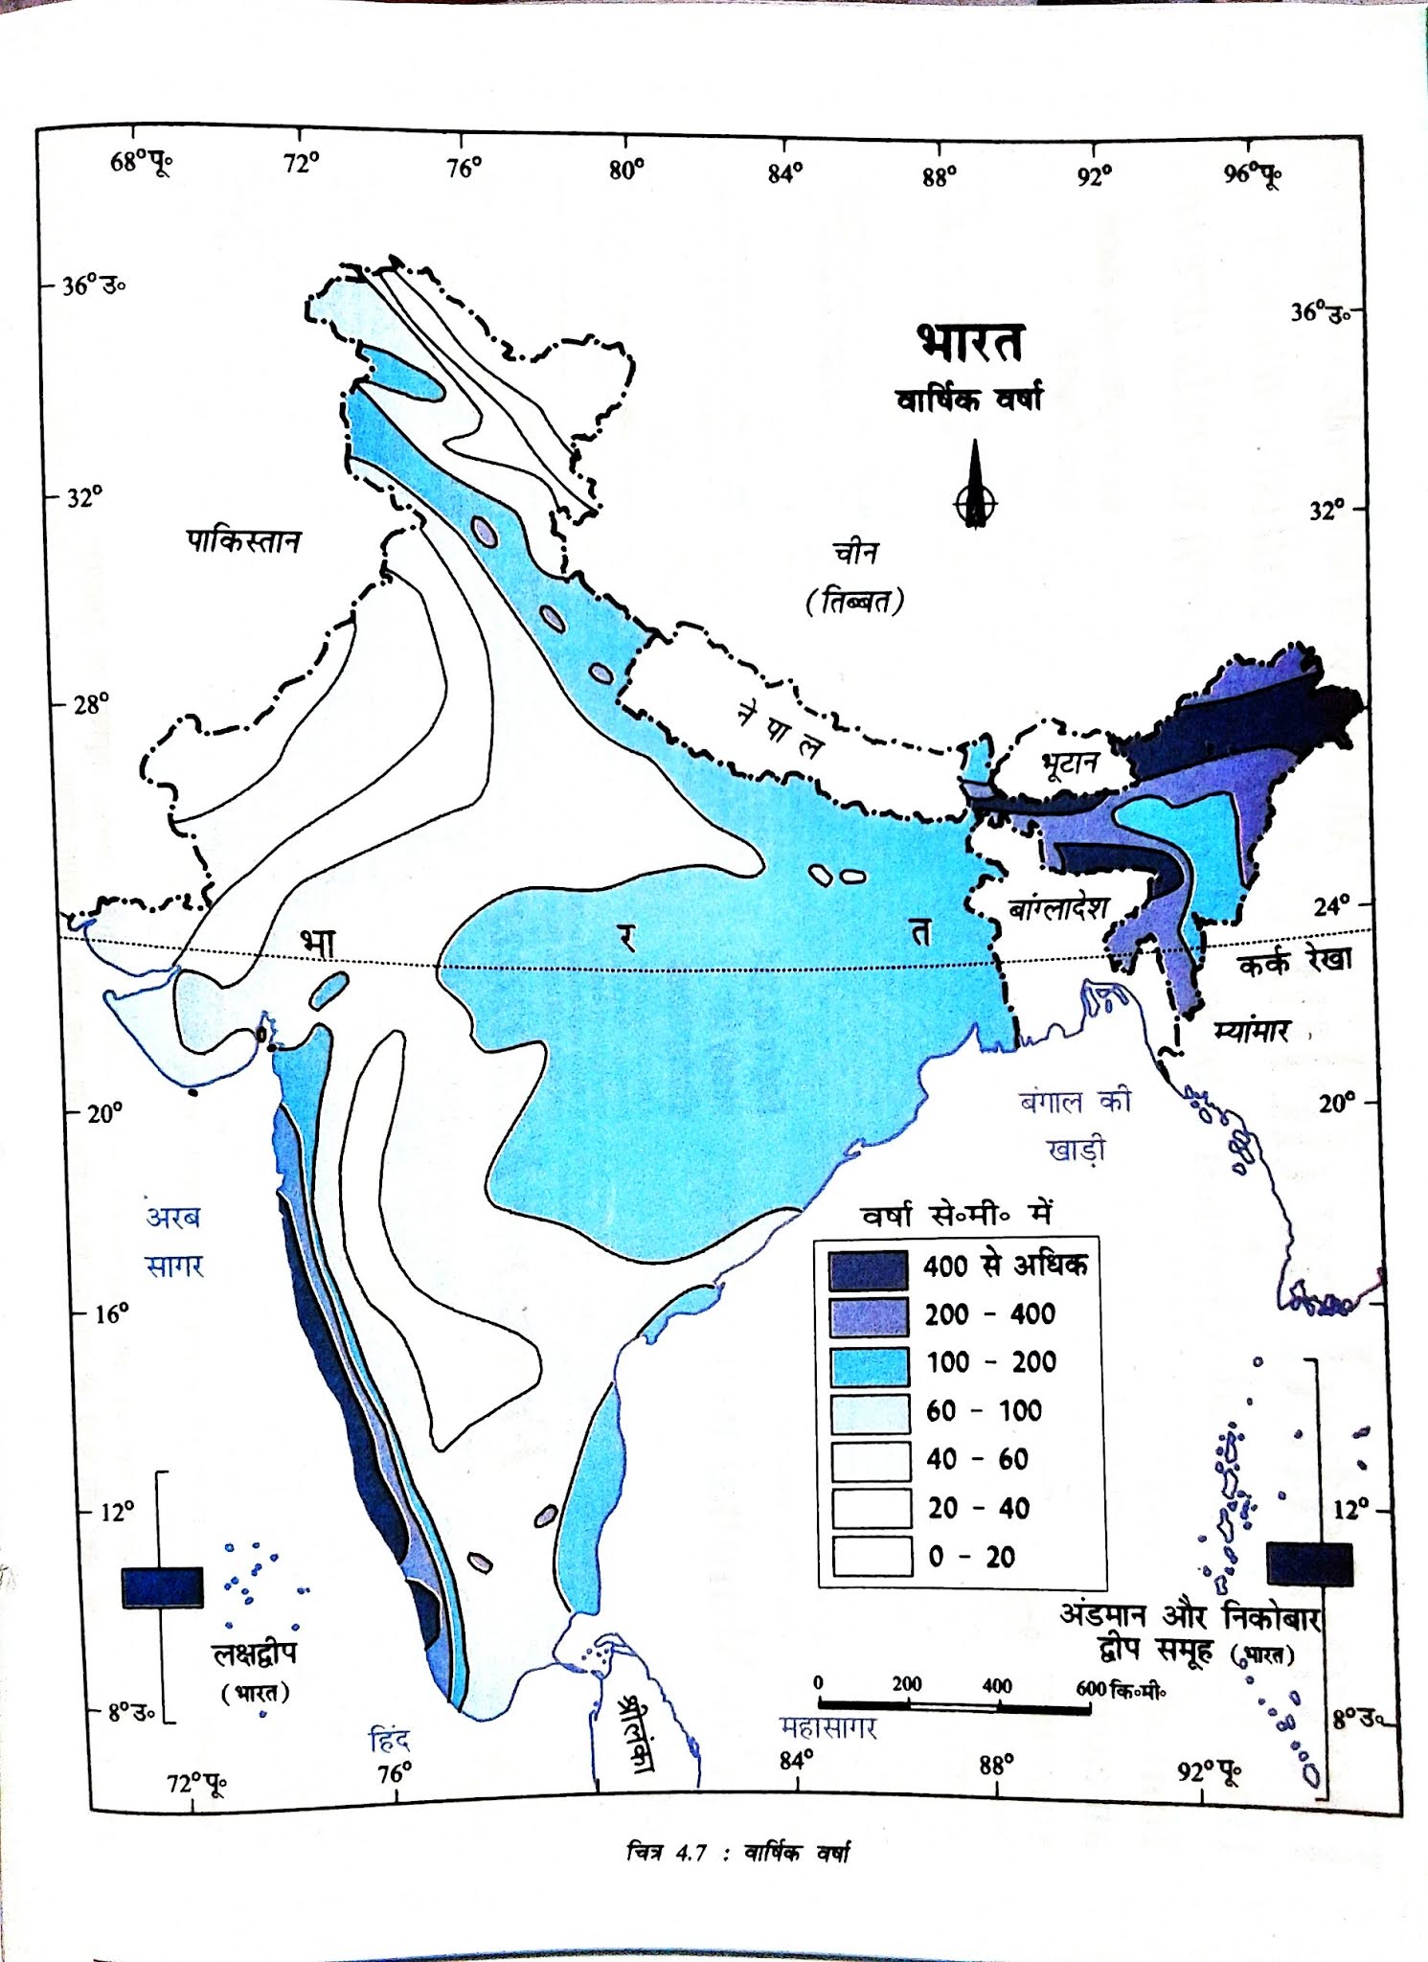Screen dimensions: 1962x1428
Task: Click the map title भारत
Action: (x=970, y=344)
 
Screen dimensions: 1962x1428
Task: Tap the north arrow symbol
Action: (x=975, y=489)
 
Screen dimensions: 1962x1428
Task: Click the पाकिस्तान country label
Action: (x=242, y=542)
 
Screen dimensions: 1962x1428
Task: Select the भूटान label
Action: (x=1069, y=764)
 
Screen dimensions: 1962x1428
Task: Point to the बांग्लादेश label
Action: (x=1059, y=907)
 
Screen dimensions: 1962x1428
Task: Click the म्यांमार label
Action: (x=1251, y=1032)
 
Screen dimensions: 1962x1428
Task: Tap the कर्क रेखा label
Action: (x=1295, y=961)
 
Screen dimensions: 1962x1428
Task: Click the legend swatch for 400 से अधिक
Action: (x=869, y=1270)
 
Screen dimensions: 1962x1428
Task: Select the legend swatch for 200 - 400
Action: (x=869, y=1317)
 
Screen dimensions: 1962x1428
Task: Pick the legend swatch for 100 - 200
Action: (x=869, y=1365)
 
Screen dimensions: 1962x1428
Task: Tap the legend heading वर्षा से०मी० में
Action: (x=957, y=1215)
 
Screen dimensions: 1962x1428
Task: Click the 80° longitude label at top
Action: (x=626, y=170)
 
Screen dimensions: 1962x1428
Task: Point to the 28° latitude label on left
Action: (x=91, y=704)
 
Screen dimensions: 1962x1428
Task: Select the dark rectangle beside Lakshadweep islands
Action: (x=163, y=1587)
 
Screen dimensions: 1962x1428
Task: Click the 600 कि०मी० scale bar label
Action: (x=1120, y=1688)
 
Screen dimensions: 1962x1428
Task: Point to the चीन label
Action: (x=855, y=553)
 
